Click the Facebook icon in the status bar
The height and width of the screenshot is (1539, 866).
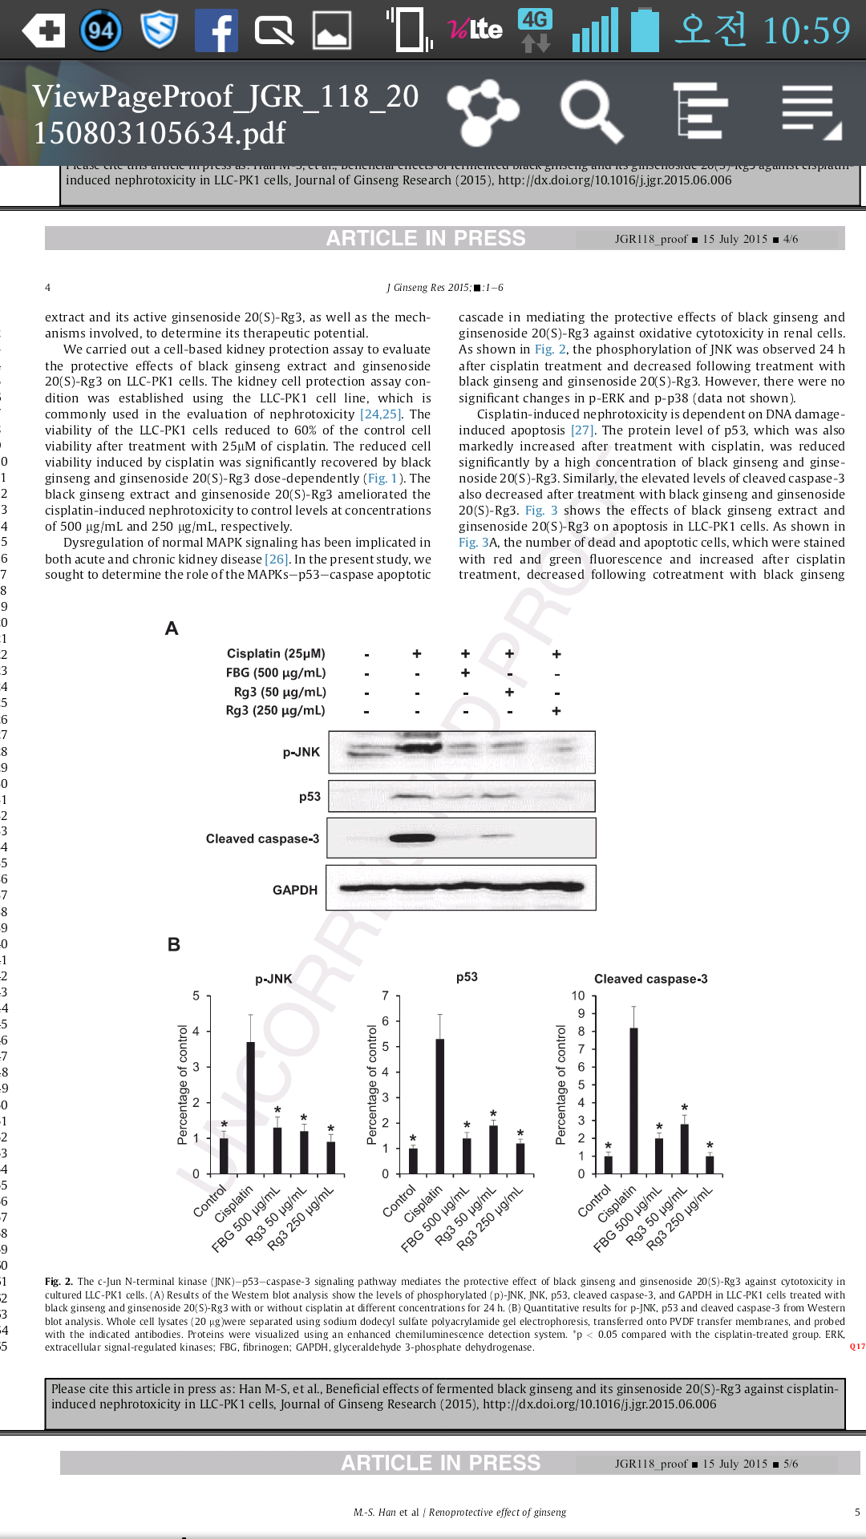pos(216,30)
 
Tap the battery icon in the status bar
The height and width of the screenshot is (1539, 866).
pos(645,30)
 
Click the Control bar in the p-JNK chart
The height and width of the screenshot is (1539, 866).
pos(224,1155)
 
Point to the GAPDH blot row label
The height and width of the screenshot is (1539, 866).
pos(295,890)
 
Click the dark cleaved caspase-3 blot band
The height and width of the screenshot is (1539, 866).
pos(412,838)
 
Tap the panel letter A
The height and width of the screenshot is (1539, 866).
pos(172,628)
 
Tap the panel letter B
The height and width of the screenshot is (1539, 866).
pos(173,945)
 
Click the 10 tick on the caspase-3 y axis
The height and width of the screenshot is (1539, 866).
pos(578,996)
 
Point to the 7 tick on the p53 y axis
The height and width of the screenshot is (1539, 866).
pos(385,996)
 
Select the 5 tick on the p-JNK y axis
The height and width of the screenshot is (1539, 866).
pos(196,996)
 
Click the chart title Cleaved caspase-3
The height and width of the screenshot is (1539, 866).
pos(650,979)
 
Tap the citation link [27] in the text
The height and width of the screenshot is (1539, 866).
pos(582,430)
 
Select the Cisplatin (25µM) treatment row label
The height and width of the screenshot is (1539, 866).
pos(276,653)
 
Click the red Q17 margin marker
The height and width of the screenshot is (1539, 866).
pos(857,1347)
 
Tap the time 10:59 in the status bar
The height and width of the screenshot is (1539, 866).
pos(806,30)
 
